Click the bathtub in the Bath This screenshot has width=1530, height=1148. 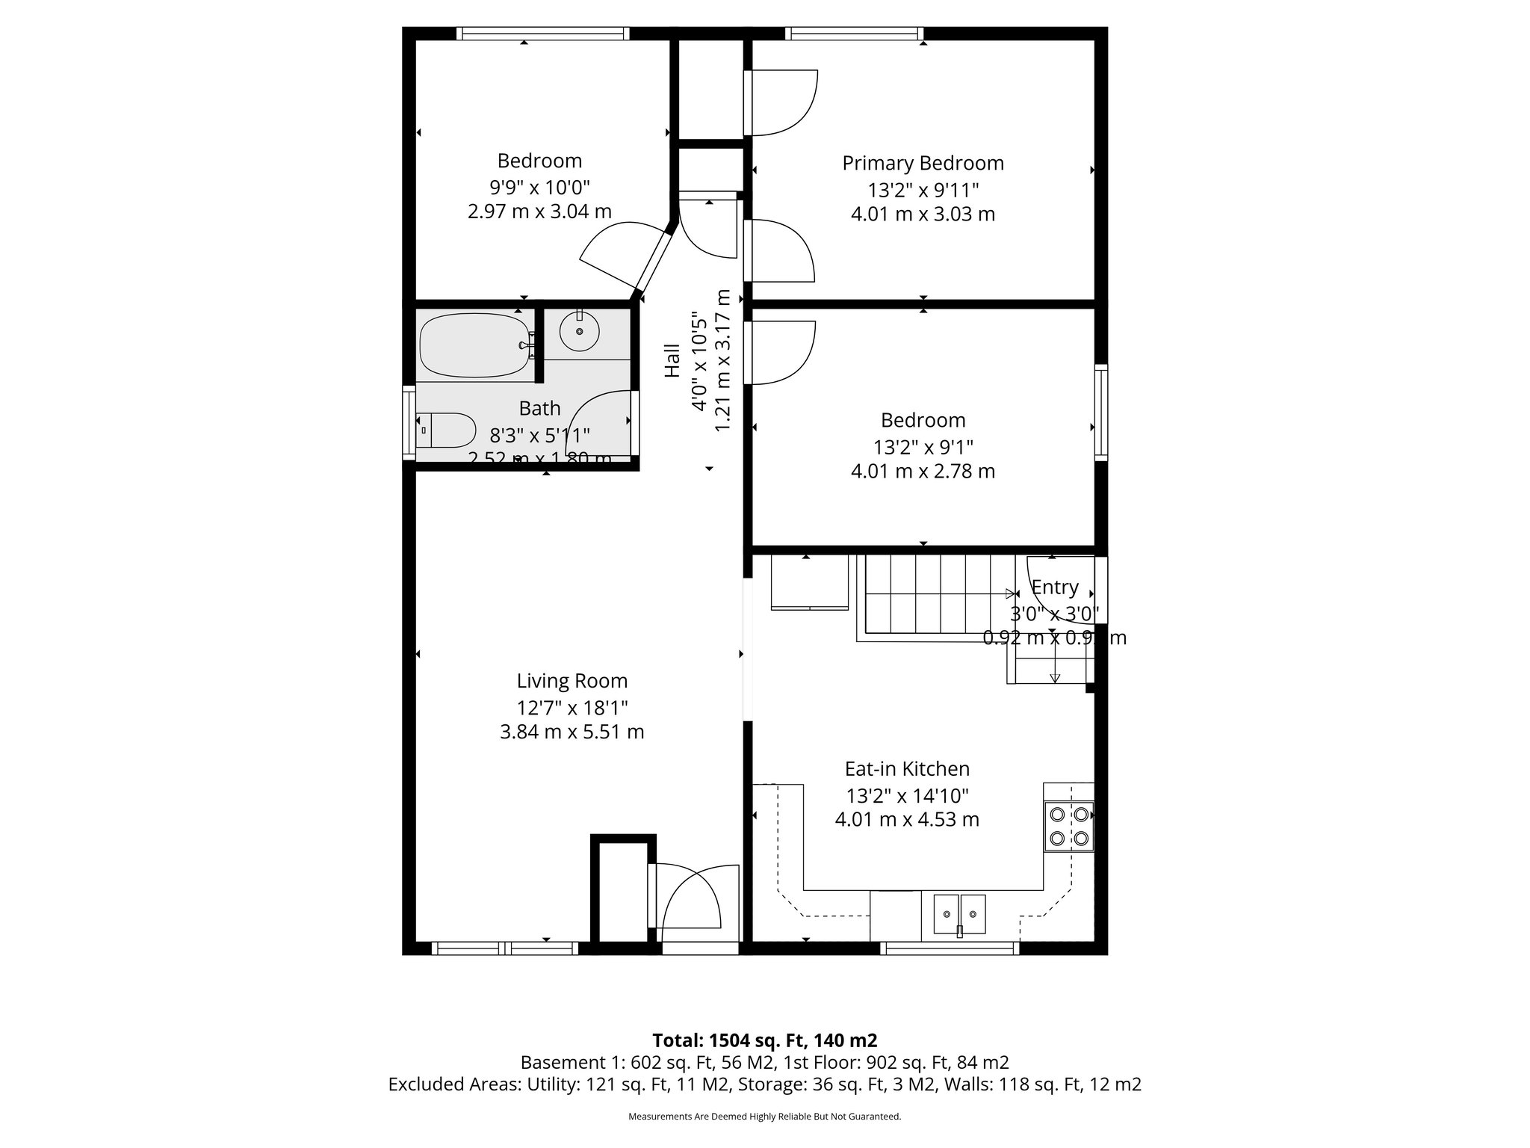click(475, 347)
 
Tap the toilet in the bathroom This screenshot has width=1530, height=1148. click(447, 430)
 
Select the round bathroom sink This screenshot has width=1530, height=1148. click(579, 333)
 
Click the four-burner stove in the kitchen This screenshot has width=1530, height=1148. click(1069, 826)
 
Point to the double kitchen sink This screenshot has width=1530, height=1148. click(960, 913)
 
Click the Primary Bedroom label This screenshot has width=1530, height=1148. click(923, 163)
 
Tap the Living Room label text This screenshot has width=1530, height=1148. click(572, 681)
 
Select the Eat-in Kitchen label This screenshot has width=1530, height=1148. click(907, 768)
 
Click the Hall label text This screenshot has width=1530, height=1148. click(672, 360)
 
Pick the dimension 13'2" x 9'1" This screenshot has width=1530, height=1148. click(923, 447)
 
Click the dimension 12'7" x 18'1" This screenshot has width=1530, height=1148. click(572, 707)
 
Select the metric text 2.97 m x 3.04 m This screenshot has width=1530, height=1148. click(539, 212)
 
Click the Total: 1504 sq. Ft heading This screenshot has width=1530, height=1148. click(764, 1040)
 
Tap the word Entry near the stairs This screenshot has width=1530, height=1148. click(1055, 587)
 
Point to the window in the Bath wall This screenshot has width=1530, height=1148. click(409, 422)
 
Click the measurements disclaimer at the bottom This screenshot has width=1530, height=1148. click(764, 1117)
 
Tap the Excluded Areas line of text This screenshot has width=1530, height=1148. click(764, 1084)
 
